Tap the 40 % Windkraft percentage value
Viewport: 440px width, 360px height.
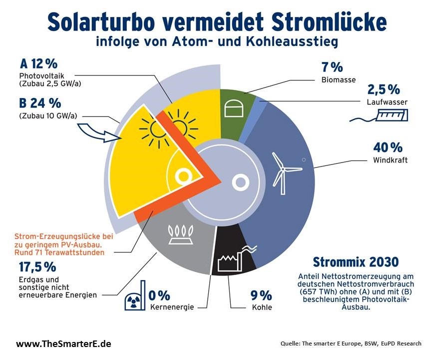coord(388,147)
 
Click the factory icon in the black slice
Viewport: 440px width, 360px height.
coord(233,258)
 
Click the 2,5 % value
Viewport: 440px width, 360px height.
coord(384,89)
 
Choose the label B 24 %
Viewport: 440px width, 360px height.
coord(40,103)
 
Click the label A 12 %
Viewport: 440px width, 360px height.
coord(38,64)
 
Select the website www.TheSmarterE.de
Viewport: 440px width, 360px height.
coord(63,344)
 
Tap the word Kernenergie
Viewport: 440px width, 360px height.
coord(172,306)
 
